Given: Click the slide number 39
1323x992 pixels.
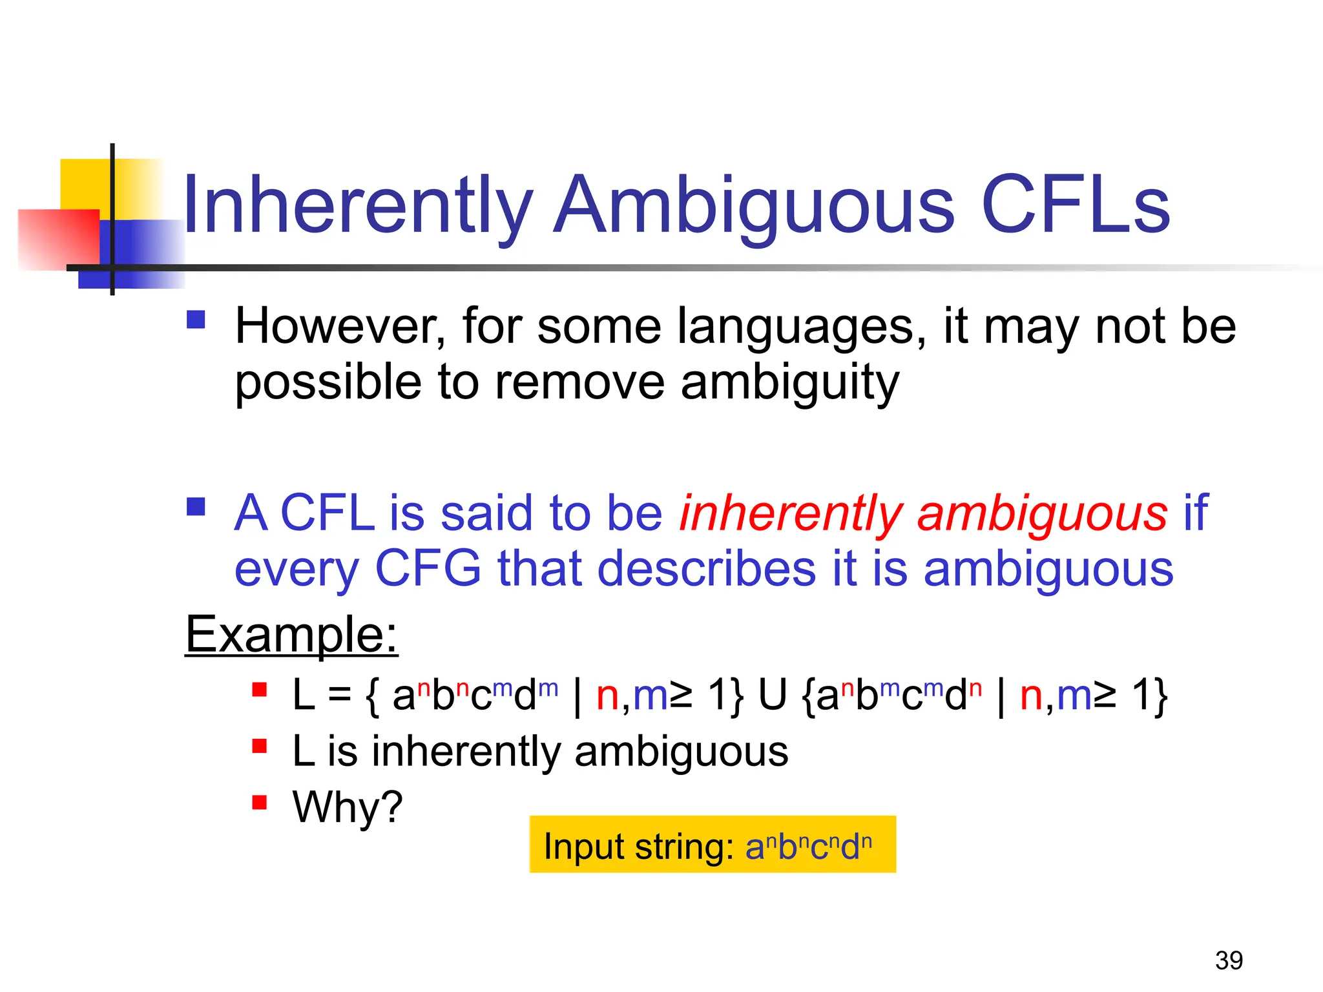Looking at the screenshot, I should point(1229,960).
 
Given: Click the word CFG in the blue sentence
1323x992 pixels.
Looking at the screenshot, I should point(428,569).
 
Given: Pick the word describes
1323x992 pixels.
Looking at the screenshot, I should point(707,569).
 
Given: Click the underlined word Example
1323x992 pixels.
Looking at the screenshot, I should point(291,635).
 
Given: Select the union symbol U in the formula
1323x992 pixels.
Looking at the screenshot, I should point(773,696).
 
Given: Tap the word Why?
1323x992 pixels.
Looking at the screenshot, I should point(348,807).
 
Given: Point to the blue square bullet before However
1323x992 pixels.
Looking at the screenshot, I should point(196,320).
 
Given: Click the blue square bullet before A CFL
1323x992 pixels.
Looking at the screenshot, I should point(196,506).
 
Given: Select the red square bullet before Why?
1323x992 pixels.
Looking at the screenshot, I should point(260,803).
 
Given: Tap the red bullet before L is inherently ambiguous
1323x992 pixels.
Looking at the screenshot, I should point(260,747).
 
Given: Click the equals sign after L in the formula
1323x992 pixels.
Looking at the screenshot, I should point(340,696).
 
